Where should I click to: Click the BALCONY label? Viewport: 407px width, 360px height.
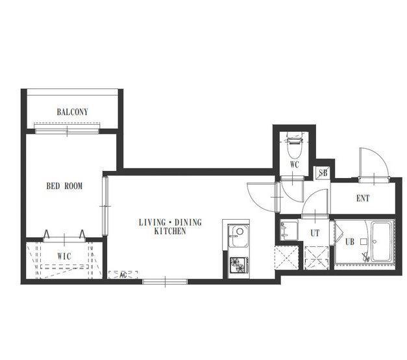pyautogui.click(x=73, y=112)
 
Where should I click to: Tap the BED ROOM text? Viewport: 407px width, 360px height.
pyautogui.click(x=64, y=186)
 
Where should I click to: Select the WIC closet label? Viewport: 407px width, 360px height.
pyautogui.click(x=64, y=256)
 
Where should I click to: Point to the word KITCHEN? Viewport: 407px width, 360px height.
pyautogui.click(x=170, y=231)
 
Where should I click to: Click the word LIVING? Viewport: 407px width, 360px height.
pyautogui.click(x=152, y=222)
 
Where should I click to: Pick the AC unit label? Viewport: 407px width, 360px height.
pyautogui.click(x=123, y=275)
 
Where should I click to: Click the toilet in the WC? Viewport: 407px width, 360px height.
pyautogui.click(x=294, y=145)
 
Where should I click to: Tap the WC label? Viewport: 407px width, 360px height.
pyautogui.click(x=295, y=164)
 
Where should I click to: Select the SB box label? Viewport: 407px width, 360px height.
pyautogui.click(x=323, y=173)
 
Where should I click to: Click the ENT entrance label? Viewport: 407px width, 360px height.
pyautogui.click(x=363, y=198)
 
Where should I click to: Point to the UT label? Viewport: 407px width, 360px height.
pyautogui.click(x=315, y=233)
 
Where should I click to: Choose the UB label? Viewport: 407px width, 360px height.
pyautogui.click(x=350, y=242)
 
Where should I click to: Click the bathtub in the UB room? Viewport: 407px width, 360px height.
pyautogui.click(x=381, y=242)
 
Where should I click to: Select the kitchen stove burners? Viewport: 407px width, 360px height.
pyautogui.click(x=239, y=265)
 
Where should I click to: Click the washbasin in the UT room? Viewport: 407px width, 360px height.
pyautogui.click(x=289, y=230)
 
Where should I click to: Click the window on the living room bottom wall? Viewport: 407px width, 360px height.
pyautogui.click(x=165, y=281)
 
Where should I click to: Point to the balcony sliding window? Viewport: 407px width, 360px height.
pyautogui.click(x=67, y=131)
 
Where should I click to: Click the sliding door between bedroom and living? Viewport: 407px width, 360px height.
pyautogui.click(x=105, y=206)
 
